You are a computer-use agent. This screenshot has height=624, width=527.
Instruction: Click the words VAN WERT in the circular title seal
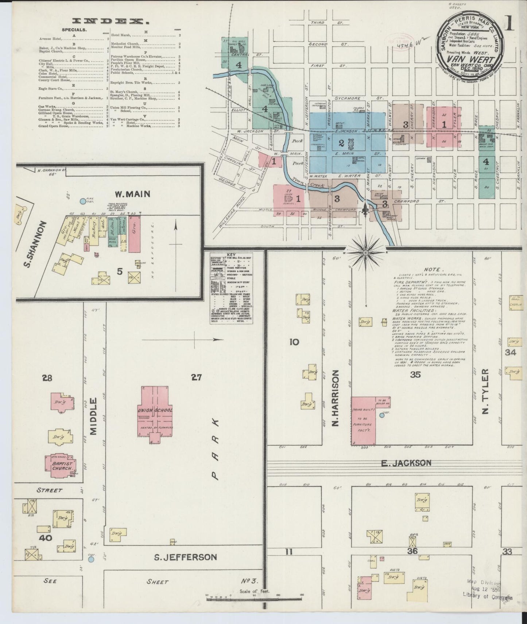471,59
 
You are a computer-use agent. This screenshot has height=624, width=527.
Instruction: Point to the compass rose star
365,253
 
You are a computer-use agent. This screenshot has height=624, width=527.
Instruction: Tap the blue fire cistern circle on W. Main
83,201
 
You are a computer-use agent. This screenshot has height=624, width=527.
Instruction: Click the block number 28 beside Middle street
47,378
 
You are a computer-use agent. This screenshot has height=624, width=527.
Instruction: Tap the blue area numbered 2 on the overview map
342,143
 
